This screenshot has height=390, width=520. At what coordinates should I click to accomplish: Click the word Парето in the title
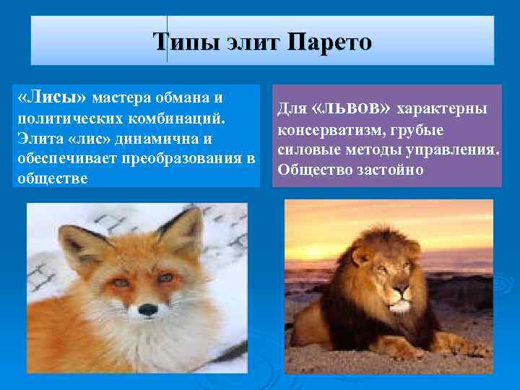[330, 42]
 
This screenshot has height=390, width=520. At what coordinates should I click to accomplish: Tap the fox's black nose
[148, 309]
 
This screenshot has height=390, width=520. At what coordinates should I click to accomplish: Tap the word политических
[66, 117]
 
